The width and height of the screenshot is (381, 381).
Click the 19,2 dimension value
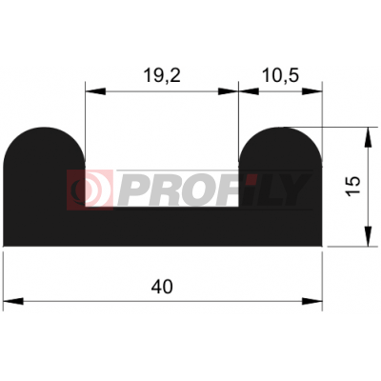point(162,76)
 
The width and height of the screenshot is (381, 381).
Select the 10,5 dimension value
point(280,76)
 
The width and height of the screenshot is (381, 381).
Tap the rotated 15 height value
point(353,186)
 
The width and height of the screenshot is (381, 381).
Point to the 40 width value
point(162,287)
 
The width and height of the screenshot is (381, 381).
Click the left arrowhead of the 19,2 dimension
point(95,91)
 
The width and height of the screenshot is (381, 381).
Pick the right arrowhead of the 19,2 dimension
point(229,91)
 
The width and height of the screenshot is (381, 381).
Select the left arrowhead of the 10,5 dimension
point(249,91)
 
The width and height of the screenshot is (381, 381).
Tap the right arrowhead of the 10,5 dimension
point(312,91)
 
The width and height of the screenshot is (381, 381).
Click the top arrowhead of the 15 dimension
point(368,137)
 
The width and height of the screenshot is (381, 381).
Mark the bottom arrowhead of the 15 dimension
point(368,236)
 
